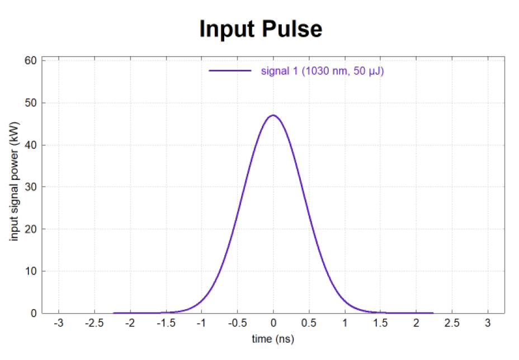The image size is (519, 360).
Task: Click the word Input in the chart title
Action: point(227,30)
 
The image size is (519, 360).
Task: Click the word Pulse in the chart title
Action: point(292,29)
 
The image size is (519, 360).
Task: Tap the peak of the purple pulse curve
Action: point(273,115)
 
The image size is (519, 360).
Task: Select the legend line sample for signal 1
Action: point(230,70)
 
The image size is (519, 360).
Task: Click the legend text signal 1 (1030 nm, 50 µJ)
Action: point(322,71)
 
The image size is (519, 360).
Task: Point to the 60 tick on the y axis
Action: point(30,60)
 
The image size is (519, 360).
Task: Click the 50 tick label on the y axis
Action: point(30,103)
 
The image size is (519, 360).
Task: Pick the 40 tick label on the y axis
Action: point(30,145)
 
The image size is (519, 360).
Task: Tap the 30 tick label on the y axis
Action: point(30,187)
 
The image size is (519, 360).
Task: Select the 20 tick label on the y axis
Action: point(30,229)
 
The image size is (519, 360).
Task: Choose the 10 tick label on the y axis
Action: point(30,271)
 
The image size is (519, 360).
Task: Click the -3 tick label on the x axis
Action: point(59,323)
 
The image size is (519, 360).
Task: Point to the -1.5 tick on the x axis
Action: point(166,323)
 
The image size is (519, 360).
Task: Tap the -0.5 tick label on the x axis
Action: point(237,323)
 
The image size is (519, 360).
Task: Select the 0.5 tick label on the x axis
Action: point(309,323)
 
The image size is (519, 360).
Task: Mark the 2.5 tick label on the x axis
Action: point(452,323)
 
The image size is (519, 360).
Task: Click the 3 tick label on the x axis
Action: point(488,323)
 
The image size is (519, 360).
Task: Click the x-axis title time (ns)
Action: point(273,339)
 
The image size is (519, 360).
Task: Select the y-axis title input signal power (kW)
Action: point(14,182)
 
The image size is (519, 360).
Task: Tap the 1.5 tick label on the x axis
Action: point(380,323)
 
